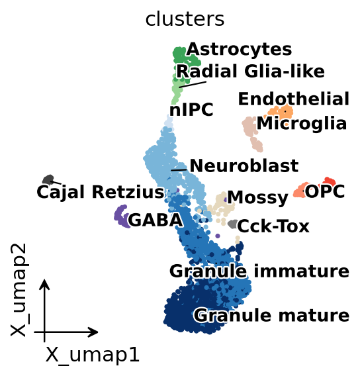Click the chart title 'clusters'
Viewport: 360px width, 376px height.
(x=185, y=19)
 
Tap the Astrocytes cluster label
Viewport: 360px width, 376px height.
(x=239, y=49)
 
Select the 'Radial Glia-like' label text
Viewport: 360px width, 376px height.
(x=250, y=71)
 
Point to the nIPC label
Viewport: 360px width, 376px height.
(x=191, y=110)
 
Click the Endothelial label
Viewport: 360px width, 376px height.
(x=294, y=99)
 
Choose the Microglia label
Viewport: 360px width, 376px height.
(x=302, y=124)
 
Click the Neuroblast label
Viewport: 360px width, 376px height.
(x=244, y=165)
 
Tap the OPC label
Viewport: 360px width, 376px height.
(x=325, y=191)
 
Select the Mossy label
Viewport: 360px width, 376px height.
(x=257, y=198)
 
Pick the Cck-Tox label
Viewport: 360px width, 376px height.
(x=273, y=226)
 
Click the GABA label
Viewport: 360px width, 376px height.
(x=156, y=220)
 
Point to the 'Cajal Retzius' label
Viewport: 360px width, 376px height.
(x=101, y=192)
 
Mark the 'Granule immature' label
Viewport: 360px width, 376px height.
(x=259, y=271)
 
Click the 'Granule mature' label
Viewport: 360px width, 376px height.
(x=271, y=315)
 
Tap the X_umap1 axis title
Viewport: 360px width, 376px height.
(x=92, y=355)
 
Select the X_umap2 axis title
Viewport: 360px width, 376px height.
(x=19, y=290)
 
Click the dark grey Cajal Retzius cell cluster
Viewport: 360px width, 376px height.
(x=48, y=179)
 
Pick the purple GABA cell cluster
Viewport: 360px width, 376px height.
(x=122, y=216)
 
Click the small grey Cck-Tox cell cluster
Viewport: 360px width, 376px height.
(x=232, y=224)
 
